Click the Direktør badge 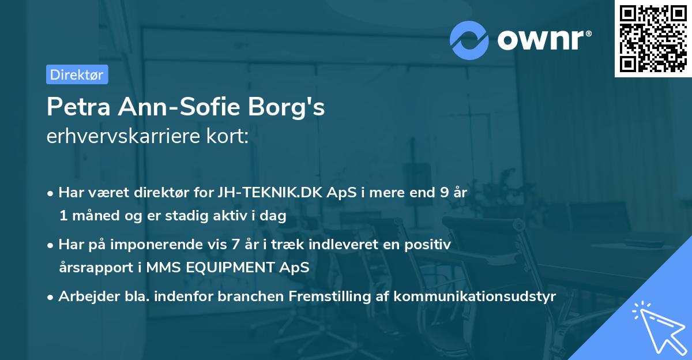click(x=77, y=74)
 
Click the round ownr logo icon click(x=470, y=40)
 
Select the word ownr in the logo click(x=543, y=40)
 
